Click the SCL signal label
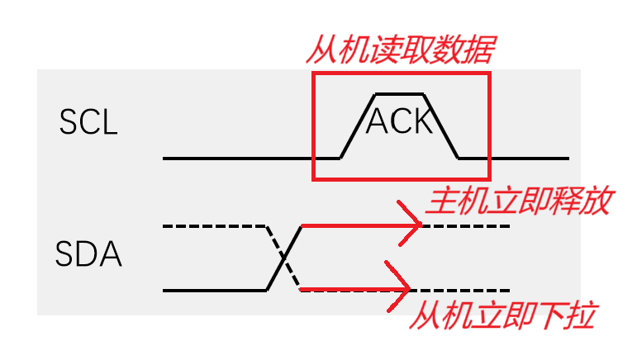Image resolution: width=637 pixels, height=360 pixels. pyautogui.click(x=88, y=123)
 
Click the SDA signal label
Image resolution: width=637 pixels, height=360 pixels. pyautogui.click(x=88, y=254)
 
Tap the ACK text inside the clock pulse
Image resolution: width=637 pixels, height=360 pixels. pyautogui.click(x=399, y=121)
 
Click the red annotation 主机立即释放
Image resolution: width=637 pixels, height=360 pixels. pyautogui.click(x=518, y=202)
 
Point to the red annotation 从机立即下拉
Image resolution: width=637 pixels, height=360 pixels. pyautogui.click(x=502, y=315)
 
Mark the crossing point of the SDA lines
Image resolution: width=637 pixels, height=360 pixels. pyautogui.click(x=284, y=258)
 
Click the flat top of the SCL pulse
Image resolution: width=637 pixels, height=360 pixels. pyautogui.click(x=400, y=93)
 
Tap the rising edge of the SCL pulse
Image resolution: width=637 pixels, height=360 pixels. pyautogui.click(x=359, y=125)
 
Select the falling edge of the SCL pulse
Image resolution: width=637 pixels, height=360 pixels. pyautogui.click(x=441, y=125)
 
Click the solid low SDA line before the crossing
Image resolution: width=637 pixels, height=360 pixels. pyautogui.click(x=215, y=290)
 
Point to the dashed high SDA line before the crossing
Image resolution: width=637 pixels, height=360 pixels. pyautogui.click(x=215, y=225)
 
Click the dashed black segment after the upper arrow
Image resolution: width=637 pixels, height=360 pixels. pyautogui.click(x=467, y=225)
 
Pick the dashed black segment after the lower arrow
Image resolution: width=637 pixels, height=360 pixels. pyautogui.click(x=463, y=290)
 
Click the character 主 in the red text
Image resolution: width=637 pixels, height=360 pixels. pyautogui.click(x=438, y=202)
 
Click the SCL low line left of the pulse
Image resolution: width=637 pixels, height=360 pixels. pyautogui.click(x=240, y=157)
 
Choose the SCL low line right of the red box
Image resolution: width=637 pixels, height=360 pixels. pyautogui.click(x=529, y=157)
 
